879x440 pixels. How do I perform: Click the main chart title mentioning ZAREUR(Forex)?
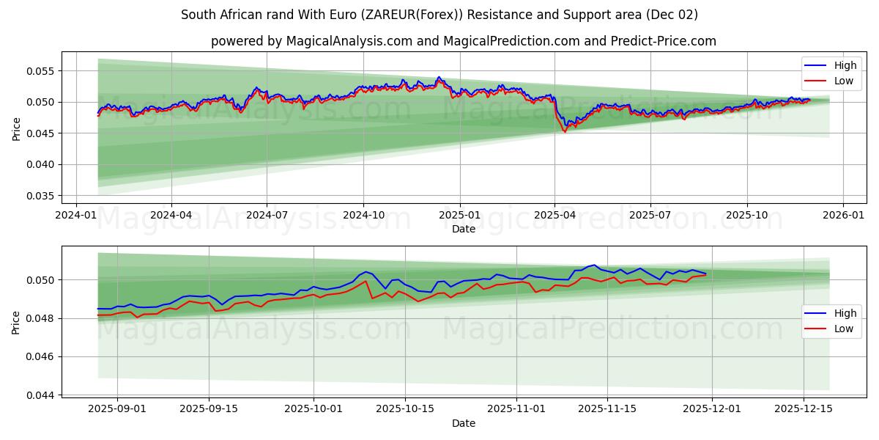[439, 15]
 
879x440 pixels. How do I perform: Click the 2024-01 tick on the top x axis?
[76, 215]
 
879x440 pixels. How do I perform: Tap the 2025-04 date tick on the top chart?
[555, 215]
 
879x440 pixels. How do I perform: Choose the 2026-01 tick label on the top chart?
[843, 215]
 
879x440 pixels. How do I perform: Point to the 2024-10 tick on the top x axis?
[363, 215]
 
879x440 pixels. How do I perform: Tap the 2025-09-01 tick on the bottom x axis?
[117, 409]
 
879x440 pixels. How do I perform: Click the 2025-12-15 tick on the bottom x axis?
[804, 409]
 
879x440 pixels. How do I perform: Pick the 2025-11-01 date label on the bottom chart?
[516, 409]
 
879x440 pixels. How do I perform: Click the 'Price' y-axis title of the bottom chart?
[16, 321]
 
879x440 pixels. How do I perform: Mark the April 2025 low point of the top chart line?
[564, 131]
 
